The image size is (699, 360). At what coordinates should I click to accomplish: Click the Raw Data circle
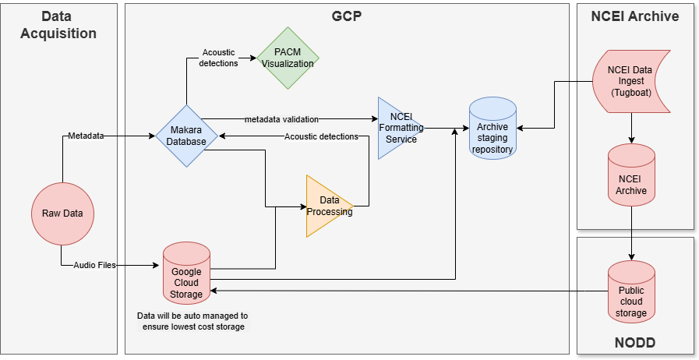[63, 213]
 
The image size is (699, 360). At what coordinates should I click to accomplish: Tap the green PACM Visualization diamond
[288, 58]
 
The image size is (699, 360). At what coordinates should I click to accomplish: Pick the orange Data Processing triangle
[329, 206]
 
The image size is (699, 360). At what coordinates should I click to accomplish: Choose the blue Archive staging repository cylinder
[493, 129]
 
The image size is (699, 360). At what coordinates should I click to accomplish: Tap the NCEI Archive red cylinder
[630, 178]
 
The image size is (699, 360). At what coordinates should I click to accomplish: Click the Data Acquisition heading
[59, 25]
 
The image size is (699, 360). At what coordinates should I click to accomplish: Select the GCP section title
[347, 16]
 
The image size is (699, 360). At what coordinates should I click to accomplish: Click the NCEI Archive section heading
[635, 16]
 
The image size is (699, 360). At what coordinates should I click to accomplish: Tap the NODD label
[635, 342]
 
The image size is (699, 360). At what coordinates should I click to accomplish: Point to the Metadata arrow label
[86, 136]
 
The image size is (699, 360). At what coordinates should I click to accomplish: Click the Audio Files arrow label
[94, 265]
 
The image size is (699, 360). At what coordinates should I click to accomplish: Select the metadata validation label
[281, 118]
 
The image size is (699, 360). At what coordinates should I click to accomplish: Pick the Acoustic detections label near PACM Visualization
[220, 58]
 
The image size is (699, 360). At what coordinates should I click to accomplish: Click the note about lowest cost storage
[192, 321]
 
